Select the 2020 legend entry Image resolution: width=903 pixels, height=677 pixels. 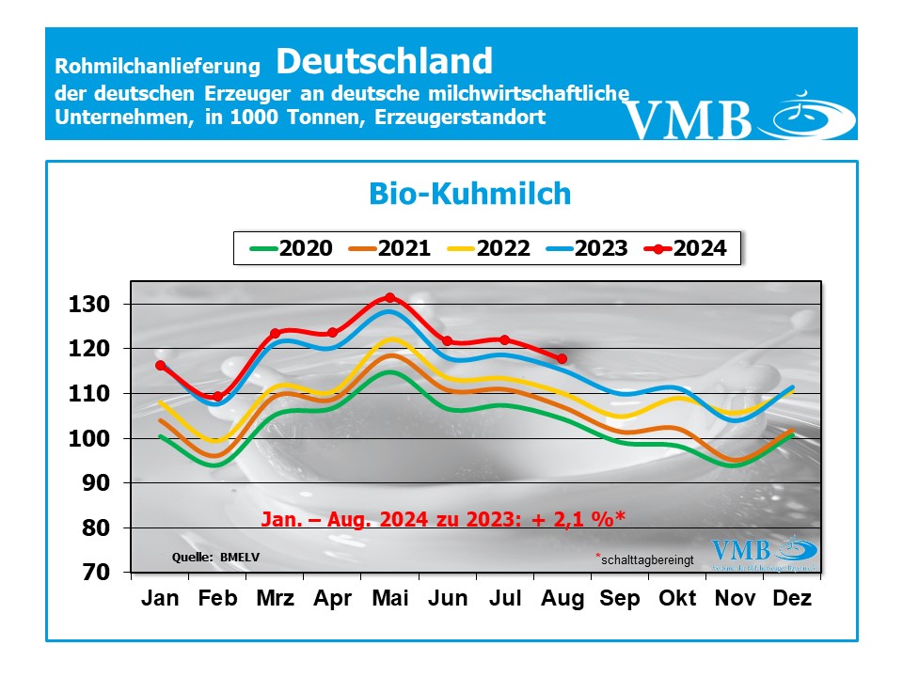(292, 248)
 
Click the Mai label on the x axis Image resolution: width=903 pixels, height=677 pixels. (389, 599)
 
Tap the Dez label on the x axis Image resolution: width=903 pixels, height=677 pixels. (792, 599)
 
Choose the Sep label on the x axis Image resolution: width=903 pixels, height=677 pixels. (619, 599)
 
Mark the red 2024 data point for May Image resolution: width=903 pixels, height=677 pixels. (390, 298)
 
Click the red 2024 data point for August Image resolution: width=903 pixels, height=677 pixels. (562, 359)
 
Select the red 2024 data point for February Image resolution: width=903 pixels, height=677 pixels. (217, 397)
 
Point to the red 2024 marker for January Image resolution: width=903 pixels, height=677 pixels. (160, 365)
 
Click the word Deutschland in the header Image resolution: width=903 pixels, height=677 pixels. (384, 61)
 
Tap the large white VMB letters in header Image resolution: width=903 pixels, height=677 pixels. (689, 119)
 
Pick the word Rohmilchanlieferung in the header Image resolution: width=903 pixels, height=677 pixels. (157, 67)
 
